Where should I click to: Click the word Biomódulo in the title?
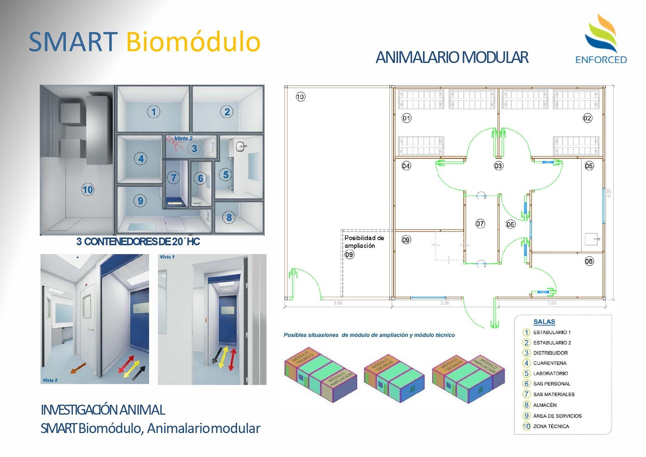(193, 42)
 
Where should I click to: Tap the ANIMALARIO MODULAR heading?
(452, 57)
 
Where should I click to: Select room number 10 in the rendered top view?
(88, 190)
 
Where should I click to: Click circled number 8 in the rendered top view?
(229, 218)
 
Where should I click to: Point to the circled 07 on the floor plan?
(480, 224)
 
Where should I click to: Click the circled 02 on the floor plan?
(587, 118)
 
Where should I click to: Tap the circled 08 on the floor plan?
(589, 261)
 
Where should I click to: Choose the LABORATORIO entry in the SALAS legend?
(550, 373)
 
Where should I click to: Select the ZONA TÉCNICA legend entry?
(551, 426)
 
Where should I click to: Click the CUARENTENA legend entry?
(550, 363)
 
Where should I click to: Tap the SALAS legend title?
(544, 322)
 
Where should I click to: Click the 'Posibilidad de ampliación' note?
(364, 242)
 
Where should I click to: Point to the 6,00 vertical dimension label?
(609, 193)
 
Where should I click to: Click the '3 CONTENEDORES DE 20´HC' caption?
(138, 242)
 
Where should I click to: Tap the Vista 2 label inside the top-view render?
(183, 138)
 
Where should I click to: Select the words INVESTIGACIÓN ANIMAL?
(103, 410)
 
